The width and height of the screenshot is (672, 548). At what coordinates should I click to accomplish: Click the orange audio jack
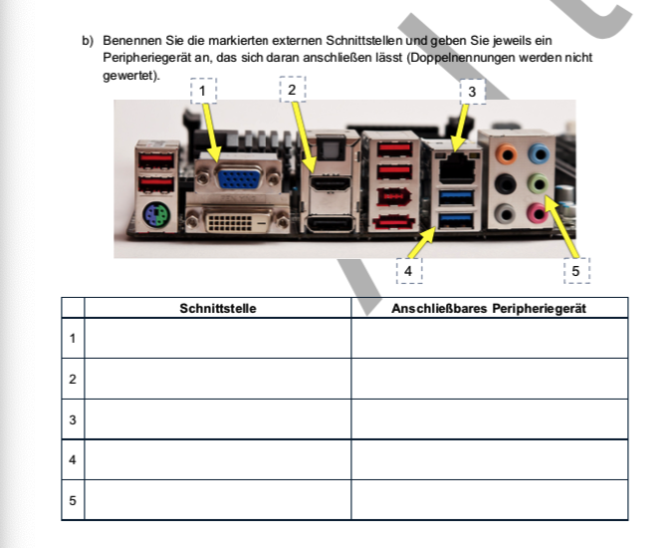click(x=508, y=154)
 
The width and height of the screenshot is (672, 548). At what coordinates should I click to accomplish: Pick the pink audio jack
click(x=539, y=211)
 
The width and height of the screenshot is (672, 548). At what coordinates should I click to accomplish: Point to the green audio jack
click(x=539, y=183)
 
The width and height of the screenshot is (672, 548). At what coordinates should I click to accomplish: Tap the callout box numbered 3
click(x=471, y=92)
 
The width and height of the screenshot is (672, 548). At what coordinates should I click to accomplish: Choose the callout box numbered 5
click(x=575, y=270)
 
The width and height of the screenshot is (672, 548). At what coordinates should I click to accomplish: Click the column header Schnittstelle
click(x=217, y=308)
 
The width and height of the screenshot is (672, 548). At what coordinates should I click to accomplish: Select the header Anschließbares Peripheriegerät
click(x=489, y=308)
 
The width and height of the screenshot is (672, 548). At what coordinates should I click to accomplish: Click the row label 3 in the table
click(x=73, y=419)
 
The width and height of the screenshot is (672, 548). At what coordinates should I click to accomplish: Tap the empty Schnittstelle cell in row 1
click(x=217, y=339)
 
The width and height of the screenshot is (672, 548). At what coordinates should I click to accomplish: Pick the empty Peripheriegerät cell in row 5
click(x=489, y=500)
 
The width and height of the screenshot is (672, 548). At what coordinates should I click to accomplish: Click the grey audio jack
click(x=508, y=211)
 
